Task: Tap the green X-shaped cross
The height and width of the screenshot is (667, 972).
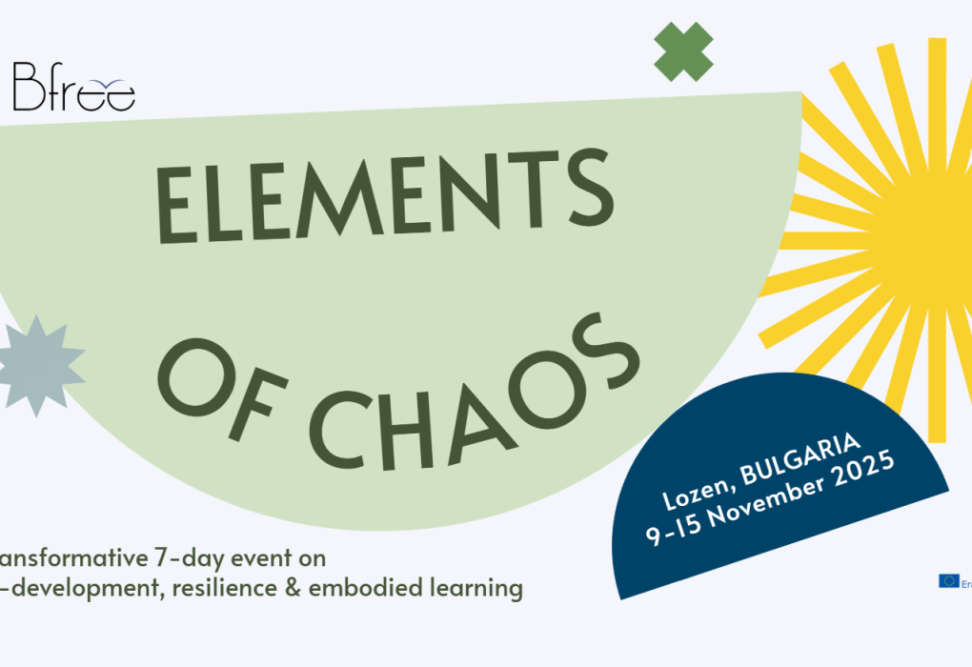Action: tap(683, 51)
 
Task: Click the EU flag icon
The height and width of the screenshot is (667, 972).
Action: tap(948, 580)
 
